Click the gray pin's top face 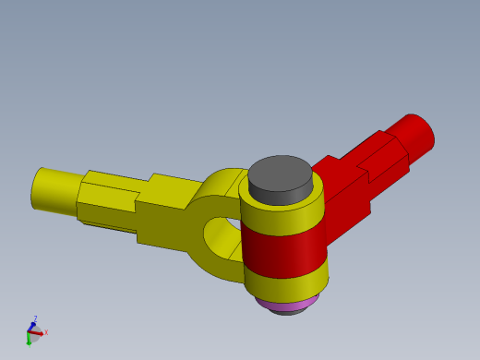[x=280, y=171]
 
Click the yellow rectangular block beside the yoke [x=166, y=214]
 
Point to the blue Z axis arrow [x=31, y=326]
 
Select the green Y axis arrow [x=29, y=339]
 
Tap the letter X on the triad [x=46, y=332]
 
